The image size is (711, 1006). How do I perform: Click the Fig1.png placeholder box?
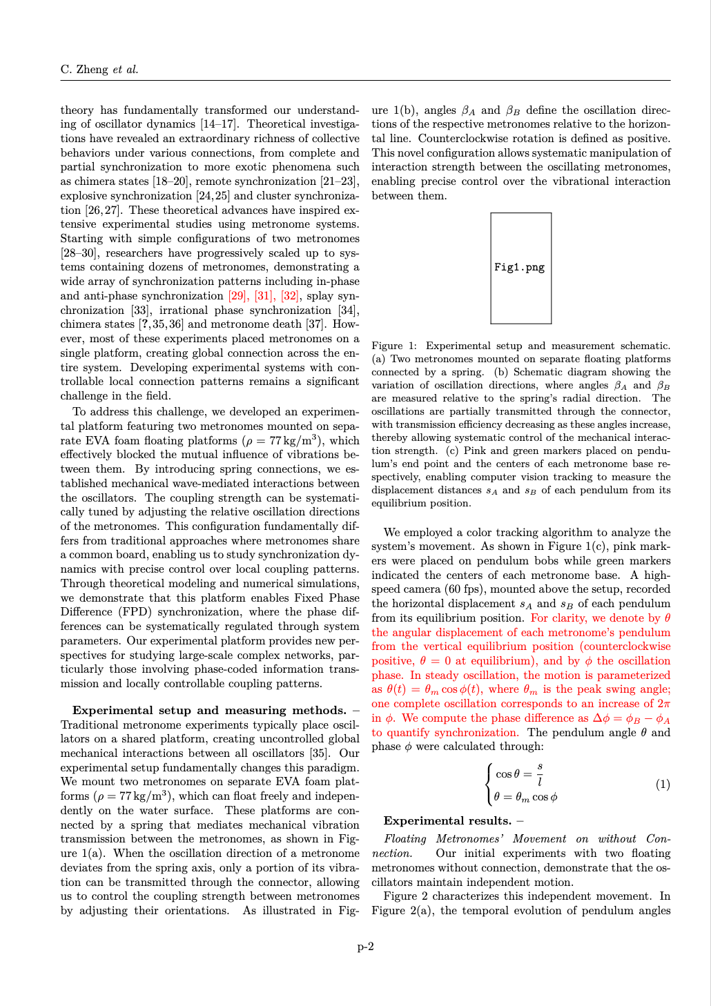pyautogui.click(x=520, y=268)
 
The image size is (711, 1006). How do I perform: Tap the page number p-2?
pyautogui.click(x=365, y=946)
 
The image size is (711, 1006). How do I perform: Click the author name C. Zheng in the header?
pyautogui.click(x=84, y=69)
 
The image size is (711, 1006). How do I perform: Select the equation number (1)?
pyautogui.click(x=662, y=785)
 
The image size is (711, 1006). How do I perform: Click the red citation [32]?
pyautogui.click(x=289, y=296)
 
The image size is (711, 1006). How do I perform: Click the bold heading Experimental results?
pyautogui.click(x=447, y=820)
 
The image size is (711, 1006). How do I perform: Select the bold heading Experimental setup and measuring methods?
pyautogui.click(x=209, y=710)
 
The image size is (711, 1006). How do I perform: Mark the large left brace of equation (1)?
pyautogui.click(x=489, y=785)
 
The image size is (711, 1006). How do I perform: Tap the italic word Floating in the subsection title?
pyautogui.click(x=405, y=839)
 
